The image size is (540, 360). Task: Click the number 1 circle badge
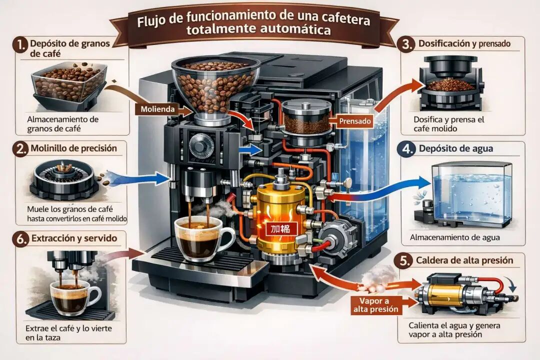[x=20, y=45]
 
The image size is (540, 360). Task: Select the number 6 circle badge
[x=20, y=239]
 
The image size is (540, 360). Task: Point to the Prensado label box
[x=354, y=120]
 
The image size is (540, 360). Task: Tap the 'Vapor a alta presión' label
[x=379, y=304]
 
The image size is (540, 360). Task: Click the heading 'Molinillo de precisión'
[x=74, y=148]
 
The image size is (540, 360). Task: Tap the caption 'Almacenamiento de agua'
[x=454, y=237]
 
